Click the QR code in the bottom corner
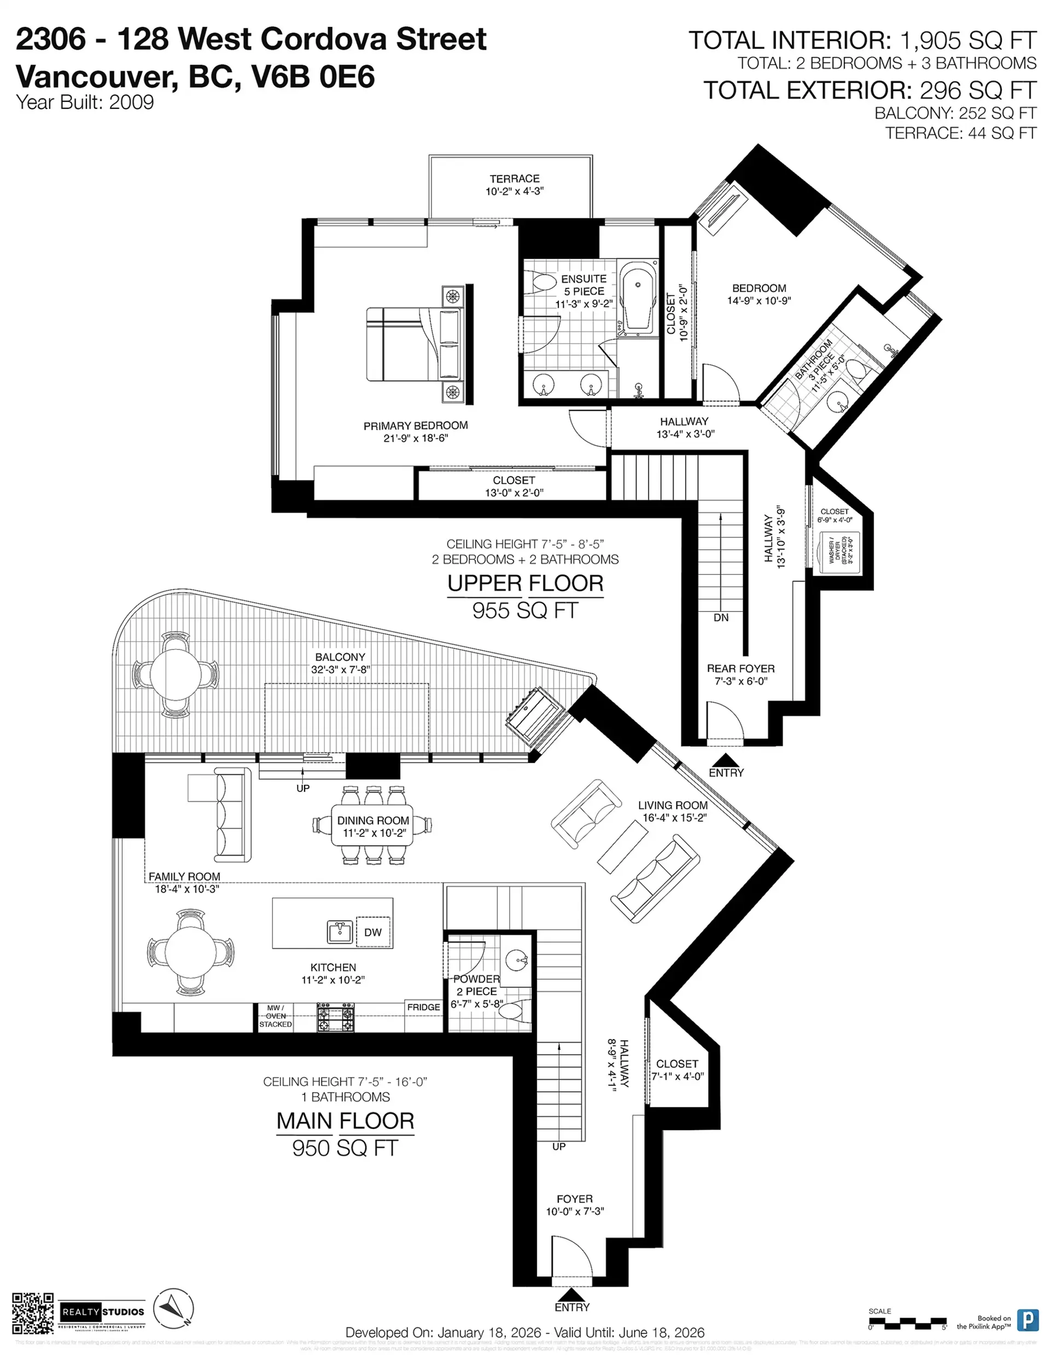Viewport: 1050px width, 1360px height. click(32, 1313)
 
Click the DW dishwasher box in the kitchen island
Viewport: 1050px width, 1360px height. click(373, 932)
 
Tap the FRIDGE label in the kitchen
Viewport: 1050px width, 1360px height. click(423, 1007)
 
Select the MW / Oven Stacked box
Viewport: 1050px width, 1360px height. click(276, 1016)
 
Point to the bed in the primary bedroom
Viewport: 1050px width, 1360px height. click(415, 344)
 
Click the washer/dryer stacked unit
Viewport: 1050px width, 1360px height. click(839, 552)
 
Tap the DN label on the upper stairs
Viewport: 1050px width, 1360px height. click(721, 618)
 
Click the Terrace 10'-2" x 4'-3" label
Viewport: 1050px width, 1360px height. click(514, 185)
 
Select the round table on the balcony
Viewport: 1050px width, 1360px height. click(176, 674)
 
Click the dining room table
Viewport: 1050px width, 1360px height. click(373, 826)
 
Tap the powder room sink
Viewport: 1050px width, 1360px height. click(515, 961)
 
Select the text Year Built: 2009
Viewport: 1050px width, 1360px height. click(85, 103)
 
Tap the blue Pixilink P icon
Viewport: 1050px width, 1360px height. click(1028, 1320)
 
